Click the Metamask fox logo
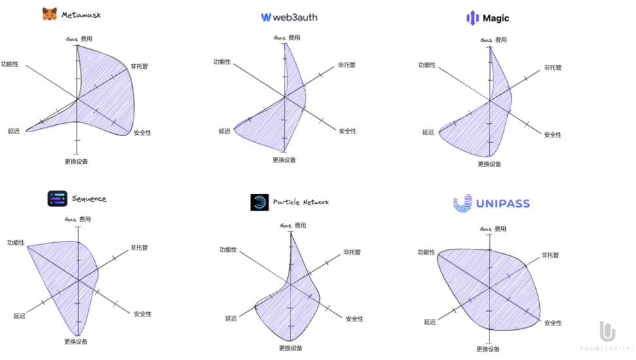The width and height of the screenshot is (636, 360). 50,14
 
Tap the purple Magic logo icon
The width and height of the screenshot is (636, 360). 472,18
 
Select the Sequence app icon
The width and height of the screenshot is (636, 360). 57,198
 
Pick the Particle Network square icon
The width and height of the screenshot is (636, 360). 259,202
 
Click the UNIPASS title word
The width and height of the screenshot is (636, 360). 503,204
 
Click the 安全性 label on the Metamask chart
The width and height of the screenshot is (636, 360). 142,133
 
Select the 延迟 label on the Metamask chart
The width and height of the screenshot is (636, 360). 14,131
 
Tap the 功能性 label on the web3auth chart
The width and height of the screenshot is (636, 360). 222,62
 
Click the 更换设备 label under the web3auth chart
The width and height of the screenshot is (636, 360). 284,160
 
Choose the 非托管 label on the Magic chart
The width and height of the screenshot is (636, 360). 553,67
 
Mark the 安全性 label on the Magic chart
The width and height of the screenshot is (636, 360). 553,135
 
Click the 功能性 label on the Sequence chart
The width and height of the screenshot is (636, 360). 16,243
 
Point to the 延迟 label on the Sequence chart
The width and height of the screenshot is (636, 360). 19,316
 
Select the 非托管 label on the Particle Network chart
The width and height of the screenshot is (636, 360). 352,252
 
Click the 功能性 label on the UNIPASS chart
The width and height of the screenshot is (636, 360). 426,252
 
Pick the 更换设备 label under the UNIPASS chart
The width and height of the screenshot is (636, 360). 488,350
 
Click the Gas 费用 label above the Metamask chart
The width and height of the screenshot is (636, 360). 79,39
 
